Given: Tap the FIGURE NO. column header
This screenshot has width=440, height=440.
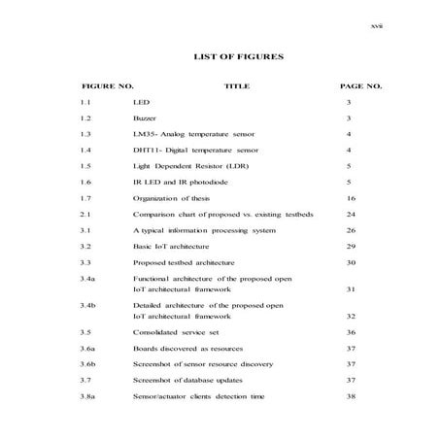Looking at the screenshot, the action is (x=108, y=86).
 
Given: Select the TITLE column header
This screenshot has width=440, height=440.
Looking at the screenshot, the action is (x=237, y=86).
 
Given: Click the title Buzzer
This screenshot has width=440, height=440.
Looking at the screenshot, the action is (x=145, y=118).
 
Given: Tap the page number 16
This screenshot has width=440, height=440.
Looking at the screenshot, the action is (x=352, y=197).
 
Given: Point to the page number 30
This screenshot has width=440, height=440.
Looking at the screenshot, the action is (x=352, y=262).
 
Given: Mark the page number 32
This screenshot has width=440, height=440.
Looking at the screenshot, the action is (x=352, y=316).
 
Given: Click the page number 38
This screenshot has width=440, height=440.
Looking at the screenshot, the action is (x=352, y=396).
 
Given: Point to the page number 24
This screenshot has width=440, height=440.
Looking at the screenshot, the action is (x=352, y=214).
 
